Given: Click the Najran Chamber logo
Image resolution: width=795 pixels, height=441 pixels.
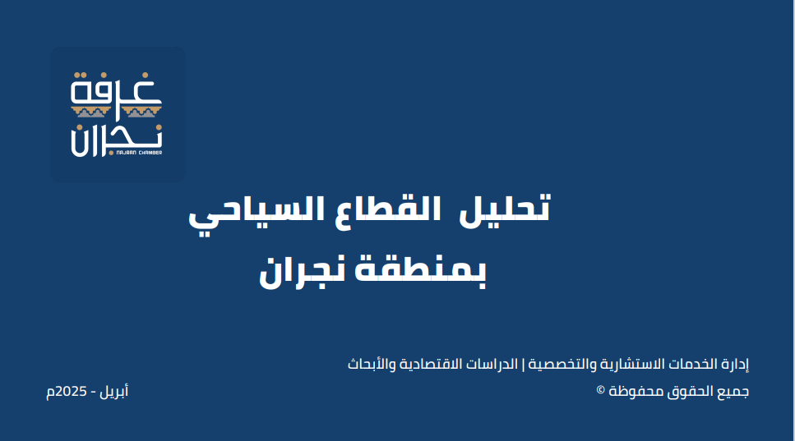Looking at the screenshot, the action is point(118,114).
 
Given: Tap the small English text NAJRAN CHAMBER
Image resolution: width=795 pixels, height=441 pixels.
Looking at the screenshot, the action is point(139,153).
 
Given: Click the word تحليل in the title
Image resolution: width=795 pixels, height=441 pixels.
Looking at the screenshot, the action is point(505,209).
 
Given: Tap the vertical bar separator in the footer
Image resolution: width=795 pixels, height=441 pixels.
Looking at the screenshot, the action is point(523,364).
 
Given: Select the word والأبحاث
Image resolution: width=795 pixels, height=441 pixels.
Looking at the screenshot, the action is point(372,364).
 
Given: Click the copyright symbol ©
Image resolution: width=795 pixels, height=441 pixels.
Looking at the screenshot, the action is point(601,390).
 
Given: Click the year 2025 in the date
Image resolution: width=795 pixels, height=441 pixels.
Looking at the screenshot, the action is point(71,392).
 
